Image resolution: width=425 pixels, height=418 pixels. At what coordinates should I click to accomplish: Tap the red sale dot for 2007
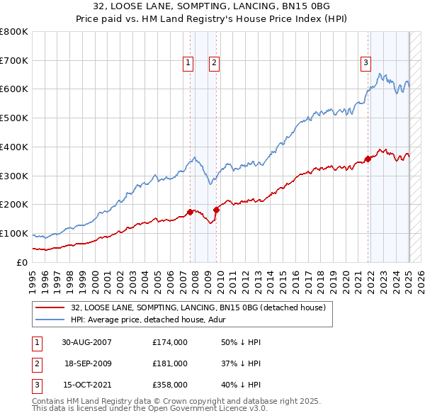coord(191,212)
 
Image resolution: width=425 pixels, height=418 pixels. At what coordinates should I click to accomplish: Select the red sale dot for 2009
coord(216,210)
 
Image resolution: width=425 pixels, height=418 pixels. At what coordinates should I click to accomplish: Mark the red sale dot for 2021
coord(368,159)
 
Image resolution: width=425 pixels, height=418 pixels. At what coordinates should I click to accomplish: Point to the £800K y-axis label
coord(14,32)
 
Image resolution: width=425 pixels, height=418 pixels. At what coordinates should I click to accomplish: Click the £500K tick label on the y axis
coord(14,118)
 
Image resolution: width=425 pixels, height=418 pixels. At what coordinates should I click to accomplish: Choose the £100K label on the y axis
coord(14,233)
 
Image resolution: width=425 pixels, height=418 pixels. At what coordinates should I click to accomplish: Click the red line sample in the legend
coord(50,307)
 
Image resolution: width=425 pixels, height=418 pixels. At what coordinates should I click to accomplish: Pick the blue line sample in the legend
coord(50,320)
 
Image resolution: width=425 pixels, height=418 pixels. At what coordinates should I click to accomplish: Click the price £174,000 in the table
coord(170,342)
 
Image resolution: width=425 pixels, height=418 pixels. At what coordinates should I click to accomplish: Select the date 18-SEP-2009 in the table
coord(88,363)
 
